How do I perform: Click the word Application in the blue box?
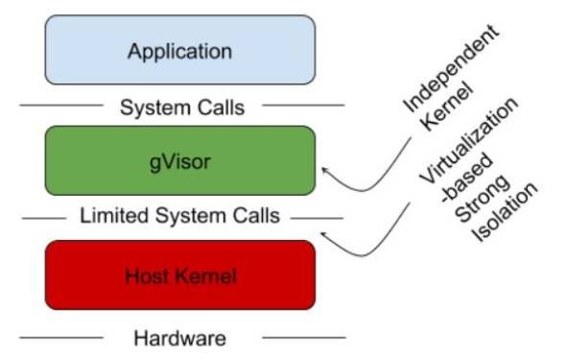179,52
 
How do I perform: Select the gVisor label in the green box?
179,162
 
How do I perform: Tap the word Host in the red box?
146,276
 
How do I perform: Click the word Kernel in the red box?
205,276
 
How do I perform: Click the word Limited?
114,216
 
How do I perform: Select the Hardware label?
179,339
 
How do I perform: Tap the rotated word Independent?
451,68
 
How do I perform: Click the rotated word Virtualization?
469,140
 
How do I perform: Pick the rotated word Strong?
483,198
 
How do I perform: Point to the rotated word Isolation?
505,212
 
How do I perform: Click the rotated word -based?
467,178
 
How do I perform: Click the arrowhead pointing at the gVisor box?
324,171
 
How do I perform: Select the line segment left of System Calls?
61,106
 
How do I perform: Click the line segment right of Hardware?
304,338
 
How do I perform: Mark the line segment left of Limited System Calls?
44,219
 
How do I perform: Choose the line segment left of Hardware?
61,338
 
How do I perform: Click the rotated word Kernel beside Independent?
447,107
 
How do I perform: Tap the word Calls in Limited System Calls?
256,216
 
